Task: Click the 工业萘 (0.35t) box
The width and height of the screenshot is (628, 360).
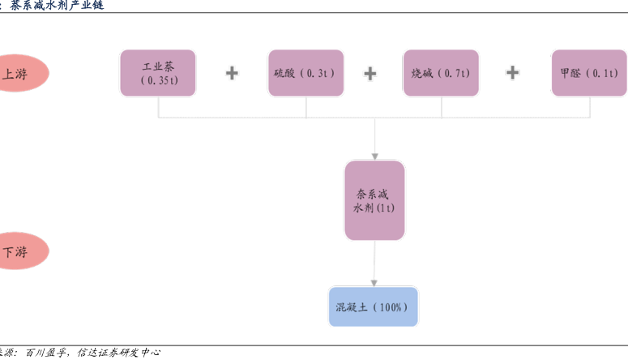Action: click(158, 73)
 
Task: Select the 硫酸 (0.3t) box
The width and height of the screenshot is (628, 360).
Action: click(306, 73)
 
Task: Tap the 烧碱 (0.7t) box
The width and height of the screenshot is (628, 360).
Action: click(441, 73)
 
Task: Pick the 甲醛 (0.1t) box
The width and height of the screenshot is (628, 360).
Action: click(589, 73)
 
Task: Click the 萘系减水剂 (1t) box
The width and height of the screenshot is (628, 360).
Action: click(374, 200)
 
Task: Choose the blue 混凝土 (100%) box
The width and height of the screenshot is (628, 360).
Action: click(374, 306)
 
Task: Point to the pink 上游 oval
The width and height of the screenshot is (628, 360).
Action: click(22, 73)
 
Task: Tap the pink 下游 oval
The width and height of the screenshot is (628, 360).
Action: click(22, 251)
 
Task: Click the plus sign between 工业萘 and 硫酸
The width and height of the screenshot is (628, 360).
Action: click(232, 73)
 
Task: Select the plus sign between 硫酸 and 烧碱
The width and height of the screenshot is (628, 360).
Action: click(370, 73)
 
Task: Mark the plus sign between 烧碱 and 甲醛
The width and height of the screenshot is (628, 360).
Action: click(513, 72)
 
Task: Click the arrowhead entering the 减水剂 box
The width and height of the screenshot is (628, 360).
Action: click(375, 156)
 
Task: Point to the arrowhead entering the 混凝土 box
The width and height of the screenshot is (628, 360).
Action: click(374, 284)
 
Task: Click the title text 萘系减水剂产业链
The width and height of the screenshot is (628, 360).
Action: click(57, 5)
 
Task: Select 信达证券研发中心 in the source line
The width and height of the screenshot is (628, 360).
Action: click(119, 353)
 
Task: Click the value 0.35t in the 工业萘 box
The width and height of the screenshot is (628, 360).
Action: click(160, 80)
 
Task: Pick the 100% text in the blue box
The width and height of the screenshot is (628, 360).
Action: click(390, 307)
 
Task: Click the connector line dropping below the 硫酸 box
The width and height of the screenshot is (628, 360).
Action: click(306, 107)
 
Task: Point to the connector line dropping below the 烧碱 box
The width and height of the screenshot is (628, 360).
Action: click(442, 107)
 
